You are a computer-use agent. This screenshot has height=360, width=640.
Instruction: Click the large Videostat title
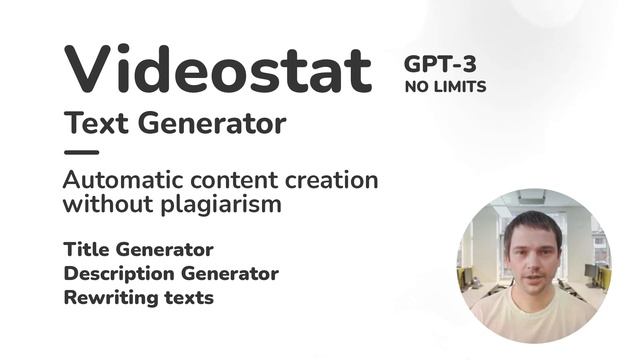point(218,70)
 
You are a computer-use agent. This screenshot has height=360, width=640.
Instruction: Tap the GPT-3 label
point(440,62)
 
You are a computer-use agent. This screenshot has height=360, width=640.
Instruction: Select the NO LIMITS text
point(445,87)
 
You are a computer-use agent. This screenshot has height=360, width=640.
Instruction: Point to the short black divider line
point(81,152)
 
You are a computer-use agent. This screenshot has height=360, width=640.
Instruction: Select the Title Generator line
point(138,249)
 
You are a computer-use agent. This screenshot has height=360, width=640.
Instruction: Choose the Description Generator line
point(170,273)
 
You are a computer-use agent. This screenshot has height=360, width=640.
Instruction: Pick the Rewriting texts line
point(138,297)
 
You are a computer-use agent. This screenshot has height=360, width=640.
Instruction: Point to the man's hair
point(533,222)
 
